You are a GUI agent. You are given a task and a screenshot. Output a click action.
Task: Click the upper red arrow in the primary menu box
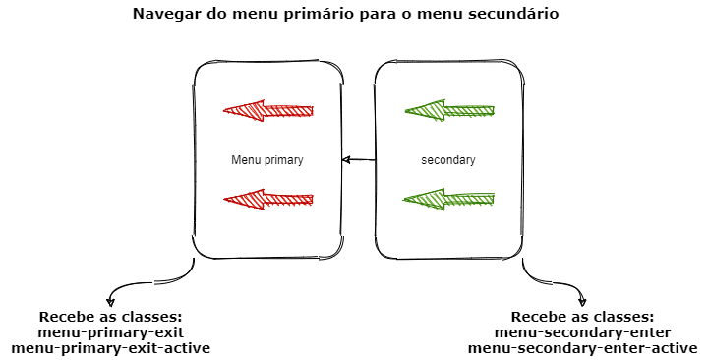tap(267, 109)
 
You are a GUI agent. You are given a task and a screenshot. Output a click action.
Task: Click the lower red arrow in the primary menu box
tap(267, 200)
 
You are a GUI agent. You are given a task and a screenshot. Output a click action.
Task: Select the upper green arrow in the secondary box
tap(449, 110)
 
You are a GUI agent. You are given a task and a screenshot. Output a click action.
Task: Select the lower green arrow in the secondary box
tap(449, 200)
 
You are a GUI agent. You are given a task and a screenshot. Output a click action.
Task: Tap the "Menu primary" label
tap(267, 159)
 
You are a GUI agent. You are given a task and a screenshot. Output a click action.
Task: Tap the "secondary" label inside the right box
tap(448, 159)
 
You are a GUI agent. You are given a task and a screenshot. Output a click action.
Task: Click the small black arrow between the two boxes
tap(358, 159)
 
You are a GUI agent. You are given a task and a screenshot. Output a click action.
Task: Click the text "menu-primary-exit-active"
tap(110, 348)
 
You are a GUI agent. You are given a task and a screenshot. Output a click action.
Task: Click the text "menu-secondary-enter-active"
tap(583, 348)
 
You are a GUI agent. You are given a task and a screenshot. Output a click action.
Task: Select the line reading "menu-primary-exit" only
tap(110, 332)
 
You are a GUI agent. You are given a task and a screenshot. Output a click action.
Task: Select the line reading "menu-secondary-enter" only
tap(583, 332)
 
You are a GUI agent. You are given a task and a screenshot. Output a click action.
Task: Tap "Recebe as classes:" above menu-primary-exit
tap(110, 317)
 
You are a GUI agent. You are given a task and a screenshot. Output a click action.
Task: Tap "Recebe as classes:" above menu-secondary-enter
tap(583, 317)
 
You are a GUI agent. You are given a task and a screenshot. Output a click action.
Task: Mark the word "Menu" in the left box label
tap(244, 159)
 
